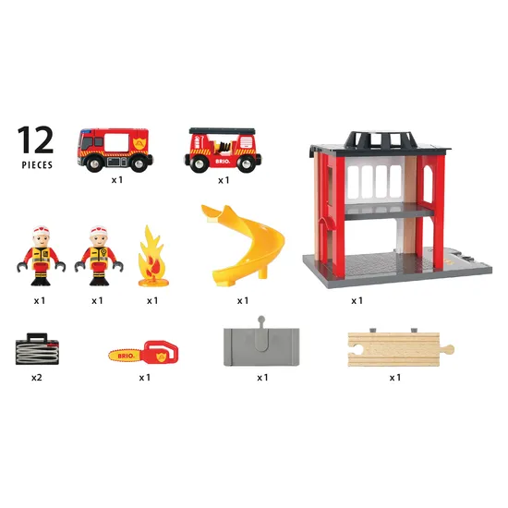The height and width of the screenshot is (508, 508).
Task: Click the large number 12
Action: (x=35, y=139)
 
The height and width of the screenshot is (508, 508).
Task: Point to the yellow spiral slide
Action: (x=238, y=244)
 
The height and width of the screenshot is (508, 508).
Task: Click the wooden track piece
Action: (x=399, y=348)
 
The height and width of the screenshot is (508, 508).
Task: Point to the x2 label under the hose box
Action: (x=36, y=378)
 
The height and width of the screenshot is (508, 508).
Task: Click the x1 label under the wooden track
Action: (x=395, y=377)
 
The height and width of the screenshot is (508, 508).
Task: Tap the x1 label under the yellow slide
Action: (x=242, y=300)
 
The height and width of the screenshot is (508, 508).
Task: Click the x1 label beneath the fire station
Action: (x=357, y=300)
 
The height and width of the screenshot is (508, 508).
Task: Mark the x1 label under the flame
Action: (x=152, y=300)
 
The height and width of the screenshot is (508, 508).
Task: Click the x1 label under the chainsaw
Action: (x=144, y=378)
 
